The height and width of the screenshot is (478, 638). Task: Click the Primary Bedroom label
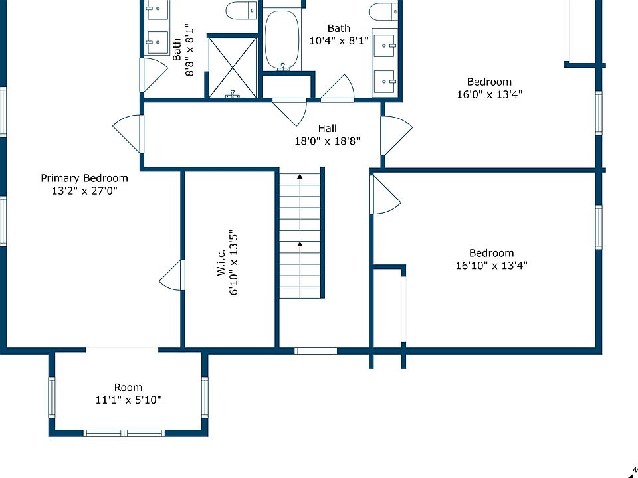click(84, 178)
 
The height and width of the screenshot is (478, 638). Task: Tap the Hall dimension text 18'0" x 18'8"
click(328, 141)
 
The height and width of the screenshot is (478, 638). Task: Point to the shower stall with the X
click(233, 68)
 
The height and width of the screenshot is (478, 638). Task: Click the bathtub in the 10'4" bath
click(282, 40)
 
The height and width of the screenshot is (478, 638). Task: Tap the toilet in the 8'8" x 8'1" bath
click(242, 11)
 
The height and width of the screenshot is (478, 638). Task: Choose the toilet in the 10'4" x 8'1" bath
click(383, 11)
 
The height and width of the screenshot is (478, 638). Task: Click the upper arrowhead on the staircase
click(300, 177)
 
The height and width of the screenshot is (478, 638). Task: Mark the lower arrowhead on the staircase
click(300, 244)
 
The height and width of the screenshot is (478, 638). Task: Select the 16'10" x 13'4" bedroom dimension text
click(492, 266)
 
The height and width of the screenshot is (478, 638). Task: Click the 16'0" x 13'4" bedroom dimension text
click(490, 94)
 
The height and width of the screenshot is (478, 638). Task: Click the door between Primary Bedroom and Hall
click(128, 134)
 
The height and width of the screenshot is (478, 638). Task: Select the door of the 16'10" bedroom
click(385, 195)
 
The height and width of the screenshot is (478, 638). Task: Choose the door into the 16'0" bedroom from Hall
click(396, 135)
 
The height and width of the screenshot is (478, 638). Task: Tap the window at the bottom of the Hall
click(316, 351)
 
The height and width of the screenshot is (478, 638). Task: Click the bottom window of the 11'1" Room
click(124, 434)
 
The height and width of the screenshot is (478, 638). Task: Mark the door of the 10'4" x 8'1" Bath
click(338, 88)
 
